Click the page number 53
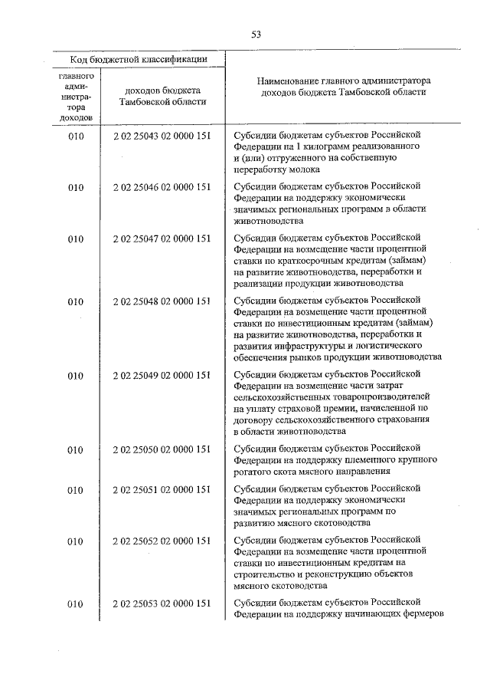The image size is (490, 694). (256, 34)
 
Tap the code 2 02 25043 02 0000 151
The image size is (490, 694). (161, 136)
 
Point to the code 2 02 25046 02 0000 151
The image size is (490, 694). (161, 186)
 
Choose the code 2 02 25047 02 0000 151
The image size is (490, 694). (161, 238)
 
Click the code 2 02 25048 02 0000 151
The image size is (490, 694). (161, 301)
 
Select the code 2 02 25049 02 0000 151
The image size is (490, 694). (161, 375)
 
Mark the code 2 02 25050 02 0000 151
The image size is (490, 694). (161, 449)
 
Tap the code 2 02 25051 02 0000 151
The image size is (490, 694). (161, 490)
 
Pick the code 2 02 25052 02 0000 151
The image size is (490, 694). (161, 541)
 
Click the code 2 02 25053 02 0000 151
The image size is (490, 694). (161, 604)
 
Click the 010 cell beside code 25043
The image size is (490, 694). (75, 136)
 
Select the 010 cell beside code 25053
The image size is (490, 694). (75, 604)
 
